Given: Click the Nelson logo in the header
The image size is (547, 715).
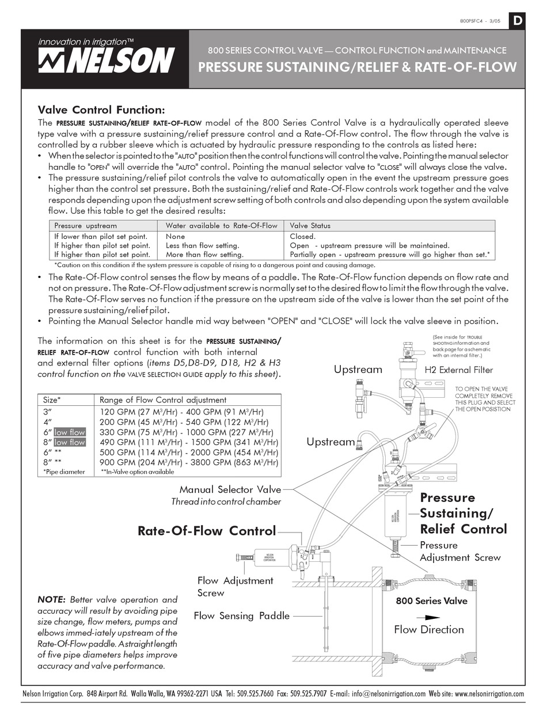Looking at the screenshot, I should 106,59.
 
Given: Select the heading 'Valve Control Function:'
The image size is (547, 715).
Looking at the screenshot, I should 101,109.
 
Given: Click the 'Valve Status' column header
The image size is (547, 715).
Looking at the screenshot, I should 310,226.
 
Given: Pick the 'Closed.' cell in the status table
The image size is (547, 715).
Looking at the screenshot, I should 302,236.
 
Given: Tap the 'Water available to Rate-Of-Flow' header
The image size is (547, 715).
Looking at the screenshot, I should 221,226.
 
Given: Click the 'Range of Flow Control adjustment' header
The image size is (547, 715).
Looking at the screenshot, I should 163,400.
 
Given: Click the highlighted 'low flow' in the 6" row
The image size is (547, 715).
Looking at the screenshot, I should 70,432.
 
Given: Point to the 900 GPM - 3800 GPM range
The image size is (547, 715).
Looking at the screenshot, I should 189,462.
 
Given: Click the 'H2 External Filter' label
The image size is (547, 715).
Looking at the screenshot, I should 459,370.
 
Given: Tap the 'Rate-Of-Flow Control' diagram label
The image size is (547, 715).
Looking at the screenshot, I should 207,530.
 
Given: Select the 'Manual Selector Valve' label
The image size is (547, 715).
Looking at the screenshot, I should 230,489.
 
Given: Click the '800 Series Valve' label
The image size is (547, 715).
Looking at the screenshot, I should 431,601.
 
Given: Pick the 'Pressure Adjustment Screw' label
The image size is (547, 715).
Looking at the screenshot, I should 459,551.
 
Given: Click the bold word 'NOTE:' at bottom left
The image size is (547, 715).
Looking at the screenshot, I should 52,600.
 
